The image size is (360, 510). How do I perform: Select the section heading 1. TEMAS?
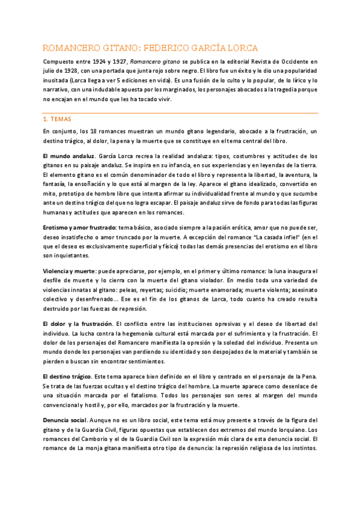coord(56,119)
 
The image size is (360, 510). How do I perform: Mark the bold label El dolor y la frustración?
coord(78,324)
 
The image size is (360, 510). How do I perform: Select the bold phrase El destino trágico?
coord(68,376)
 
